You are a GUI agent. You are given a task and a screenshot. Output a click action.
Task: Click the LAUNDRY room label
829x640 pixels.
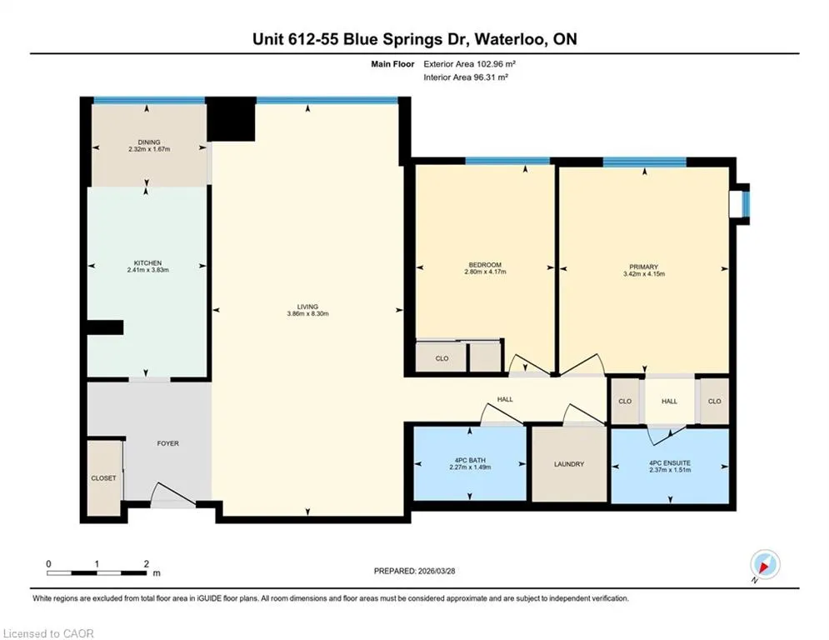pyautogui.click(x=569, y=464)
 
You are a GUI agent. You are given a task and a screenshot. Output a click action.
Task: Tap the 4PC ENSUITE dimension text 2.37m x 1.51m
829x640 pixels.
pyautogui.click(x=670, y=470)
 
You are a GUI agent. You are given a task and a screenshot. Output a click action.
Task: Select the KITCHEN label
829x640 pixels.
pyautogui.click(x=148, y=262)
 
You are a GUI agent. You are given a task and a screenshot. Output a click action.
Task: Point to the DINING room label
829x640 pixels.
pyautogui.click(x=149, y=142)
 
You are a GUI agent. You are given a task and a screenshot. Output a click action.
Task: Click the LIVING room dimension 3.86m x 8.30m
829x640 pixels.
pyautogui.click(x=307, y=313)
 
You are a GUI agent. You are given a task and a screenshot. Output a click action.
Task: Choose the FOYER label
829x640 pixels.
pyautogui.click(x=168, y=443)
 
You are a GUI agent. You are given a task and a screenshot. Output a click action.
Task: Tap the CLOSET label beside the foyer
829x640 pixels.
pyautogui.click(x=103, y=477)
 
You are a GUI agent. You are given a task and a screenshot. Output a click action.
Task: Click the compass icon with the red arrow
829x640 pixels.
pyautogui.click(x=765, y=564)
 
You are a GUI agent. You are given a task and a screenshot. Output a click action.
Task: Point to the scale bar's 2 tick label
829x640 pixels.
pyautogui.click(x=147, y=564)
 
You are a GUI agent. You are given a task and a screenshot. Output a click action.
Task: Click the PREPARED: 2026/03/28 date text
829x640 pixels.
pyautogui.click(x=415, y=571)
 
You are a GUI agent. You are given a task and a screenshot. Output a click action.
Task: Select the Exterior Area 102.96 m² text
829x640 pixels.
pyautogui.click(x=469, y=64)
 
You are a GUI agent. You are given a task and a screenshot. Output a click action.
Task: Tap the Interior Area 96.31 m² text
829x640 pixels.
pyautogui.click(x=466, y=77)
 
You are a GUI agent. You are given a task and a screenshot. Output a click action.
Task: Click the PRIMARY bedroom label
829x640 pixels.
pyautogui.click(x=644, y=267)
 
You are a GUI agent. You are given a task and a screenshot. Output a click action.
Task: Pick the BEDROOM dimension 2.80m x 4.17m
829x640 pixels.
pyautogui.click(x=486, y=272)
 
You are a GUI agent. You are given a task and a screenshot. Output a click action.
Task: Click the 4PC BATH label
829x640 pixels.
pyautogui.click(x=470, y=461)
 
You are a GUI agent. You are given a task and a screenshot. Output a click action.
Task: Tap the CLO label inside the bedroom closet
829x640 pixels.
pyautogui.click(x=442, y=358)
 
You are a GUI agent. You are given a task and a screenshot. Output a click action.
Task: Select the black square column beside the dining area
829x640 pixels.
pyautogui.click(x=231, y=119)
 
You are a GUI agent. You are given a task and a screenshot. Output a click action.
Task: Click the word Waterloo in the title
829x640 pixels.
pyautogui.click(x=510, y=39)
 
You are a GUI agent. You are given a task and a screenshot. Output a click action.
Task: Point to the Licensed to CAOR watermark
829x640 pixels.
pyautogui.click(x=48, y=633)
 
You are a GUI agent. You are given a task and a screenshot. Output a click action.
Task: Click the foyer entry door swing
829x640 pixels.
pyautogui.click(x=174, y=493)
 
